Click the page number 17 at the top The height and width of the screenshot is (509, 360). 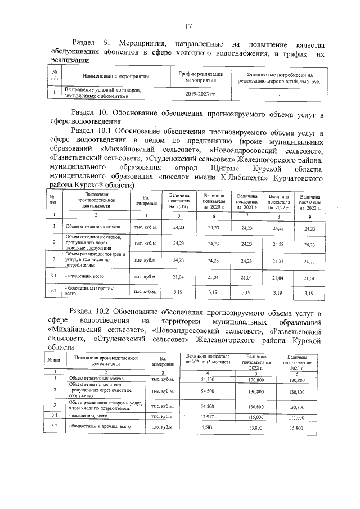[x=189, y=26]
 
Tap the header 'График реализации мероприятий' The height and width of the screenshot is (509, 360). [x=201, y=77]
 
